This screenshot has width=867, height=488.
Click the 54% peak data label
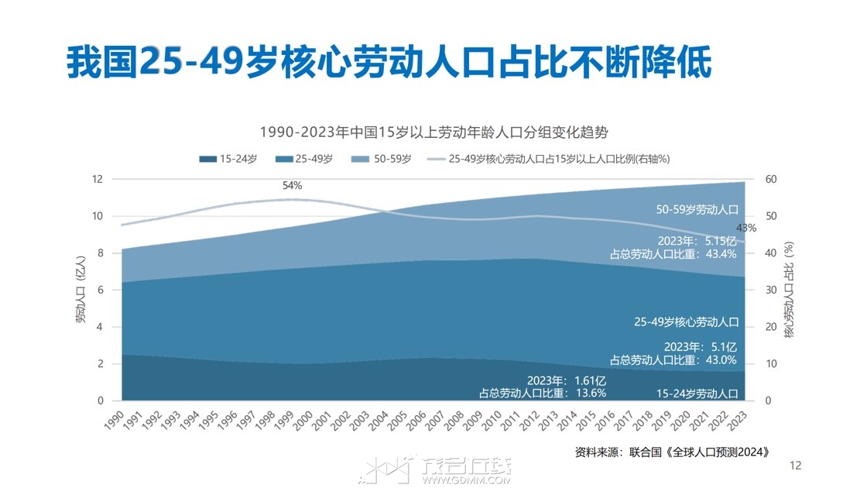coord(292,186)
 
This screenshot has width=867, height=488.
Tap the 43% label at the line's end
coord(745,228)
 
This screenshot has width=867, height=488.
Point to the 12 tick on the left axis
coord(98,179)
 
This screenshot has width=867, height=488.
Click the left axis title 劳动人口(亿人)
coord(81,290)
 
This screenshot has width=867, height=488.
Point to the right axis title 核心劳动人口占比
coord(789,290)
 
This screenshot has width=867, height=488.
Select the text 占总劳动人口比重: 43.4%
coord(673,253)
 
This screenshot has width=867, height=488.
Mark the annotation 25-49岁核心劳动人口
coord(687,321)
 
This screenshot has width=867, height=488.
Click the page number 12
coord(795,466)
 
